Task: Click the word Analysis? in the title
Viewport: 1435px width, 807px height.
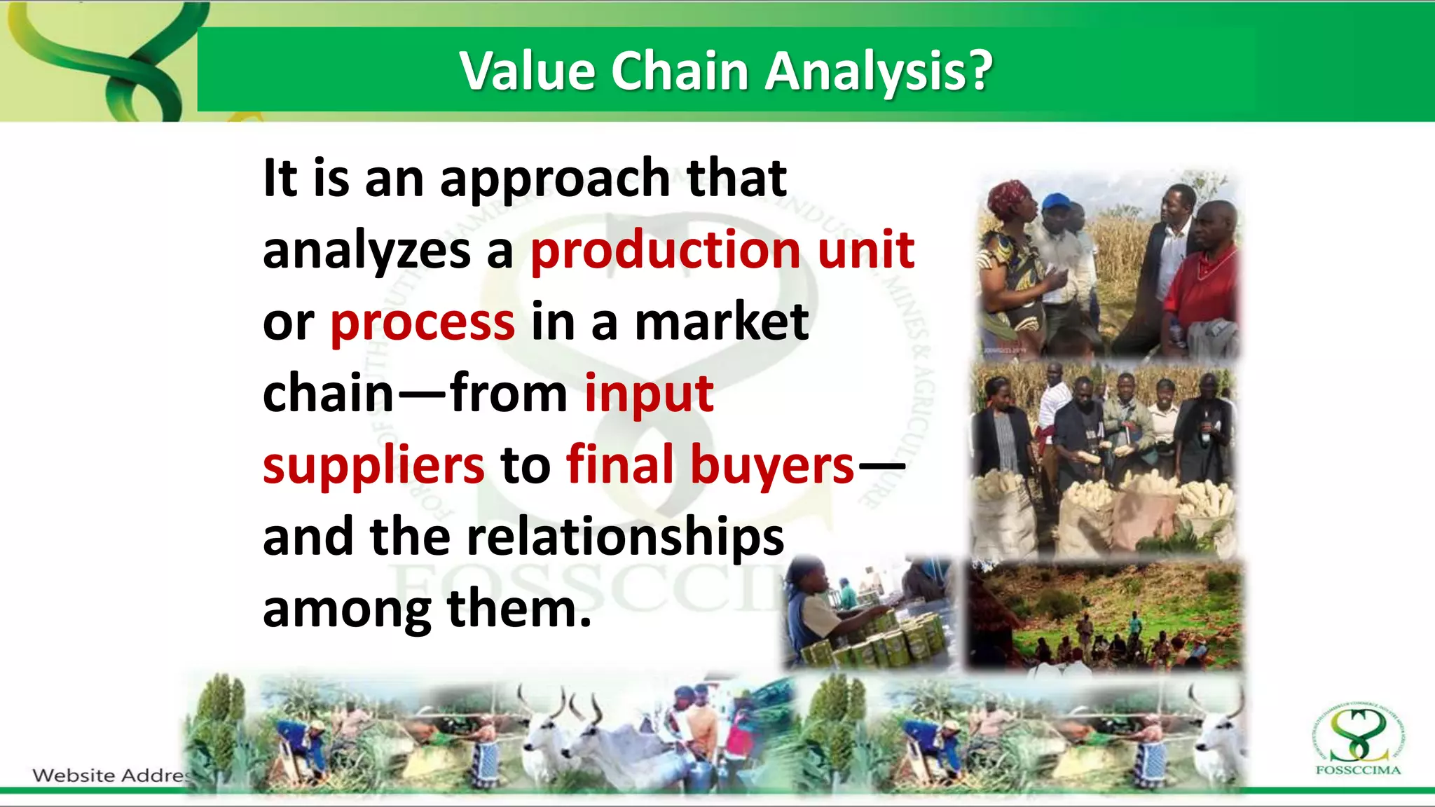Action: [x=879, y=71]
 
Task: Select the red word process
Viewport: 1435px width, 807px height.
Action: [x=423, y=322]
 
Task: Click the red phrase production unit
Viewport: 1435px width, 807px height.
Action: [x=722, y=249]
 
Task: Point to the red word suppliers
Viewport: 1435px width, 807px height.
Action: [x=373, y=465]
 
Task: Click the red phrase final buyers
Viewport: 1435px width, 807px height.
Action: [x=710, y=465]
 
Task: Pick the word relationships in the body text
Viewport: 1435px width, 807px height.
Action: [x=625, y=537]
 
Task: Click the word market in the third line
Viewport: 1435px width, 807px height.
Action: [x=721, y=322]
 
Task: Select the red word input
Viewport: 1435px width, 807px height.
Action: [x=649, y=394]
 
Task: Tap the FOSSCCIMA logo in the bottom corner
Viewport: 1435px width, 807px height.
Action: [x=1358, y=741]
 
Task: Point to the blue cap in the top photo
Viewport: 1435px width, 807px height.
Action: [x=1057, y=202]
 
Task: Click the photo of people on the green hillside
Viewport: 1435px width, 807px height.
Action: [x=1104, y=616]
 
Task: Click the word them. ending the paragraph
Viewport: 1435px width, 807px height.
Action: [x=519, y=609]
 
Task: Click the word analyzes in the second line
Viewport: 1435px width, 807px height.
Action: [x=366, y=251]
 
